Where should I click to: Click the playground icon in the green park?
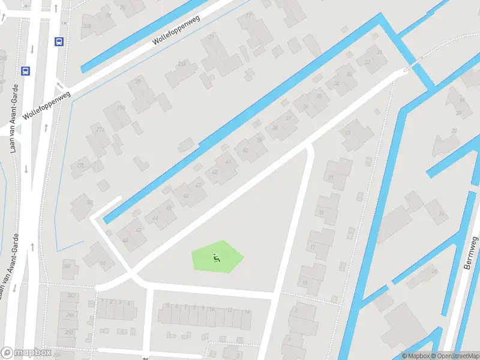(x=216, y=259)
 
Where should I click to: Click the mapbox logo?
(x=26, y=352)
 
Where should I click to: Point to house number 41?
(x=228, y=161)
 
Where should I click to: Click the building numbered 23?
(x=347, y=133)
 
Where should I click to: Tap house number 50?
(x=90, y=202)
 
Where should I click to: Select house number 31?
(x=379, y=53)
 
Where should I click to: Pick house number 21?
(x=330, y=178)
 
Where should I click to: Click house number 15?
(x=305, y=283)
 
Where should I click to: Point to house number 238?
(x=87, y=26)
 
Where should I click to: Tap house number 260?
(x=67, y=266)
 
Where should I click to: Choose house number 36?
(x=306, y=107)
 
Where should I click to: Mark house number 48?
(x=125, y=240)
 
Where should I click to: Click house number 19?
(x=321, y=212)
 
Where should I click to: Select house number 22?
(x=454, y=131)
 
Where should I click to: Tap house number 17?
(x=313, y=247)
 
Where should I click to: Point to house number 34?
(x=337, y=84)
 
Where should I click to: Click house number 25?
(x=138, y=82)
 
